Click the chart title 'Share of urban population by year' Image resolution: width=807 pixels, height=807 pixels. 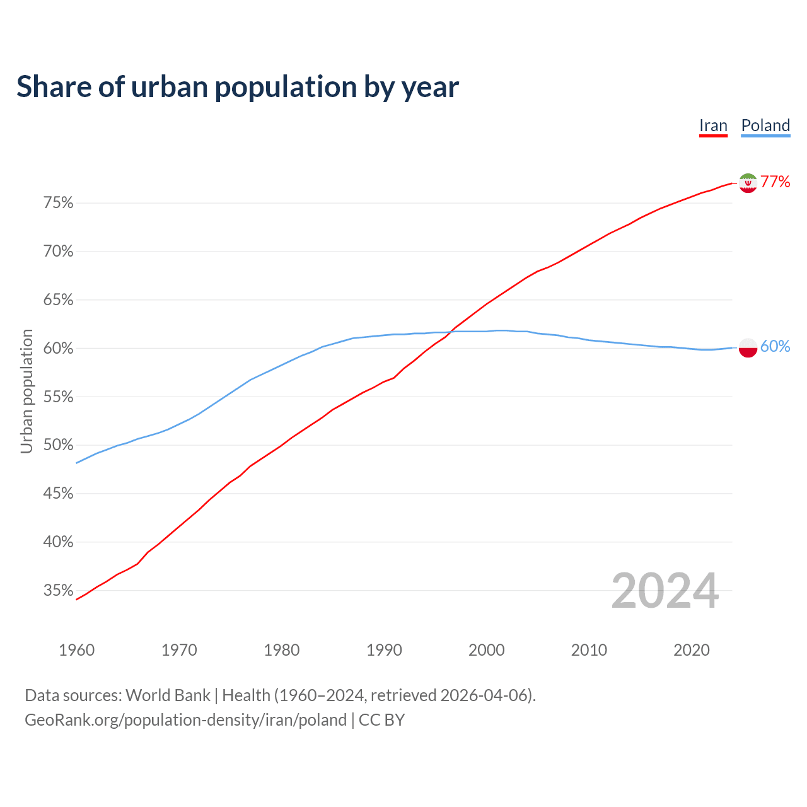pyautogui.click(x=238, y=87)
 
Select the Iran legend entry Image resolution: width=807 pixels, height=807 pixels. pyautogui.click(x=713, y=125)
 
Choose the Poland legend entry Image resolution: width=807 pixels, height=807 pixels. pyautogui.click(x=765, y=125)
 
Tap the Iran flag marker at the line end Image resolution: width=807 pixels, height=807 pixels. pyautogui.click(x=748, y=183)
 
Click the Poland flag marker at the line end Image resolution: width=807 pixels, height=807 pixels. pyautogui.click(x=748, y=347)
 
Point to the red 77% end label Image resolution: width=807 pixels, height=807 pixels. pyautogui.click(x=775, y=182)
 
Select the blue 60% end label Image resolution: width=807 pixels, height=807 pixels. pyautogui.click(x=775, y=347)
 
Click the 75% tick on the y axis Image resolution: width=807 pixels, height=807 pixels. pyautogui.click(x=58, y=203)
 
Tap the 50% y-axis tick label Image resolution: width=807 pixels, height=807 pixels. pyautogui.click(x=58, y=445)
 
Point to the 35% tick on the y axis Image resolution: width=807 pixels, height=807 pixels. pyautogui.click(x=58, y=591)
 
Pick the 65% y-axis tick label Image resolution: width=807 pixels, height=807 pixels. pyautogui.click(x=58, y=300)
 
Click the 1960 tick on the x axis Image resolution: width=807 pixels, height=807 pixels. pyautogui.click(x=76, y=650)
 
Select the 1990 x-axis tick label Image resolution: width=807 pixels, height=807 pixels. pyautogui.click(x=384, y=650)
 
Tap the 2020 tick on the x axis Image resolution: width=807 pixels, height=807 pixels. pyautogui.click(x=692, y=650)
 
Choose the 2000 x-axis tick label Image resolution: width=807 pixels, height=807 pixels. pyautogui.click(x=486, y=650)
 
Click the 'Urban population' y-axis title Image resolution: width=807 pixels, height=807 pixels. pyautogui.click(x=26, y=391)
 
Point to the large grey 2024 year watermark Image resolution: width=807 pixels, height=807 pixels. pyautogui.click(x=665, y=591)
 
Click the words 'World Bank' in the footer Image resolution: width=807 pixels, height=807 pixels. pyautogui.click(x=168, y=695)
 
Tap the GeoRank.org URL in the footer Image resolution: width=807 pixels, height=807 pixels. pyautogui.click(x=185, y=720)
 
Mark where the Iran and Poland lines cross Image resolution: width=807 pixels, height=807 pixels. pyautogui.click(x=450, y=332)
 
